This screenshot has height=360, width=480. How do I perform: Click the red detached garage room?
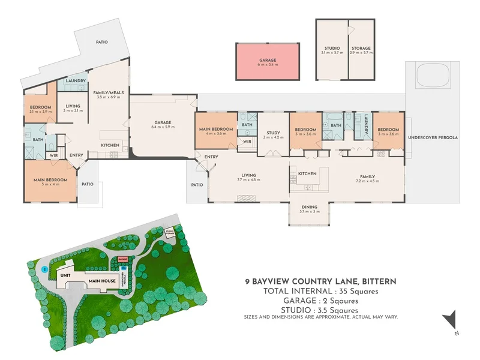pyautogui.click(x=267, y=62)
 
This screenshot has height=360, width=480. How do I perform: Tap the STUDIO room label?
pyautogui.click(x=332, y=48)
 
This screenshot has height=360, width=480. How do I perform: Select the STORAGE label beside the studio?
pyautogui.click(x=361, y=48)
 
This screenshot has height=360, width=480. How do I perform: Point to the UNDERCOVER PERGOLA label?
pyautogui.click(x=433, y=137)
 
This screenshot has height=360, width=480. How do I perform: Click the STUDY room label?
pyautogui.click(x=273, y=133)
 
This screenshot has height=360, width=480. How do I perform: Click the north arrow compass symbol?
pyautogui.click(x=451, y=320)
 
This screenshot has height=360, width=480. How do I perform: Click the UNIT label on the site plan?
pyautogui.click(x=64, y=275)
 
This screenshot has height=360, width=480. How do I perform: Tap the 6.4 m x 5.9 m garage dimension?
pyautogui.click(x=163, y=127)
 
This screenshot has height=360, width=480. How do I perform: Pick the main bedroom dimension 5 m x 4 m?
pyautogui.click(x=50, y=185)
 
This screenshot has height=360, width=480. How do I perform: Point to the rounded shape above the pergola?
pyautogui.click(x=433, y=76)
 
